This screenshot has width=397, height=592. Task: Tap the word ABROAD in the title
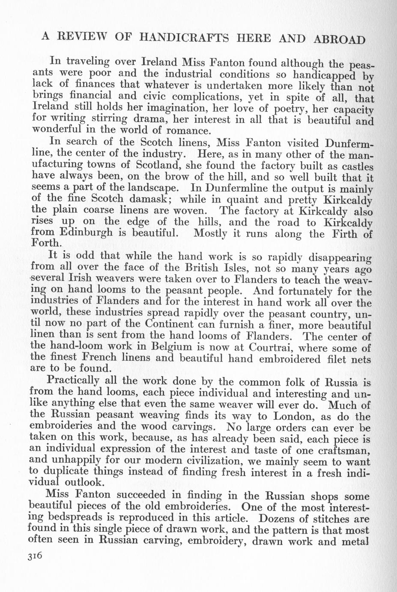(340, 39)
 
